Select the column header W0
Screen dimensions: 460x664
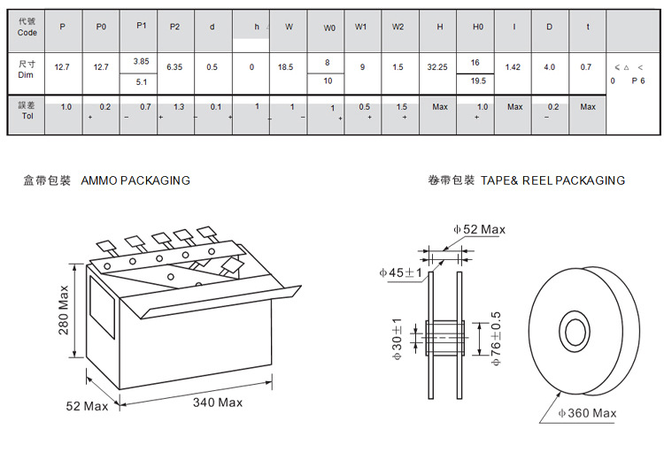tap(329, 27)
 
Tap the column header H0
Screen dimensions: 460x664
tap(478, 27)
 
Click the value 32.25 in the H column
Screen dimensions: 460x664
tap(436, 67)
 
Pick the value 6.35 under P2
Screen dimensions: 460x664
tap(174, 67)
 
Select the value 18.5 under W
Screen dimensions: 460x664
tap(285, 67)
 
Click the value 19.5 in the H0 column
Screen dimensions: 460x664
tap(478, 80)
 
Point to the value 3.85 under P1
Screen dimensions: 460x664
tap(141, 60)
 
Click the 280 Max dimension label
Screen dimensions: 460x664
tap(64, 321)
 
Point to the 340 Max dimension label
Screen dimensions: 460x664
tap(217, 402)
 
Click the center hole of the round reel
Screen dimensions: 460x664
tap(575, 333)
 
